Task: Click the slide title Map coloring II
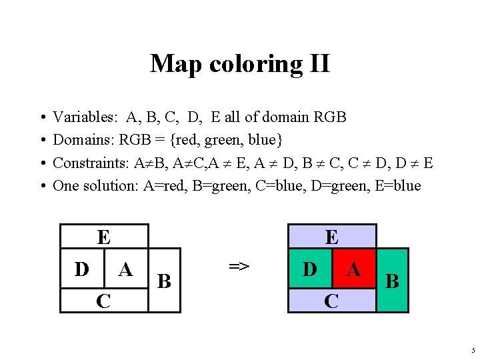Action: coord(239,64)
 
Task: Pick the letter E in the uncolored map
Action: coord(103,237)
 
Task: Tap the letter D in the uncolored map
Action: coord(82,269)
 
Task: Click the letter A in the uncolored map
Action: coord(125,269)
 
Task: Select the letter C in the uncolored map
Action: coord(103,301)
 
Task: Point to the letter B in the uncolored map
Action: coord(164,281)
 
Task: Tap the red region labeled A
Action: coord(353,269)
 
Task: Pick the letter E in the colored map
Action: coord(331,237)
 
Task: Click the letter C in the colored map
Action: coord(331,301)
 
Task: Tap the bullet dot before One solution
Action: coord(42,185)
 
